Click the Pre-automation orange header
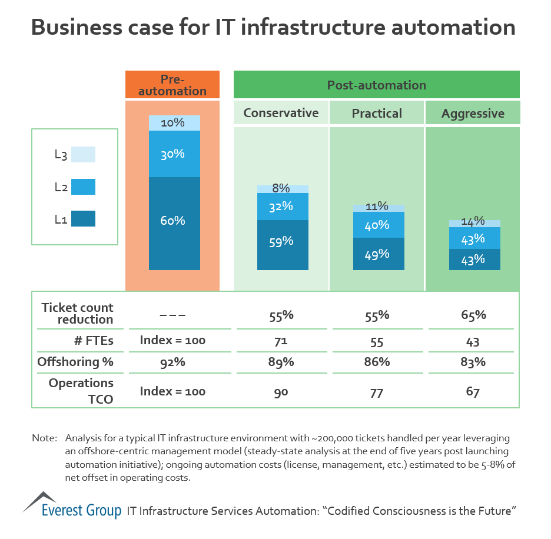[172, 85]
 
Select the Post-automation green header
[377, 85]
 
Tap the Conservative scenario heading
[281, 113]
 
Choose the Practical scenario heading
[377, 113]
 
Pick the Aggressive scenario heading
[473, 113]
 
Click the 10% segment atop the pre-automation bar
[174, 123]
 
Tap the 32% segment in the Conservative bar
[283, 207]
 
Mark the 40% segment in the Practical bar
[379, 225]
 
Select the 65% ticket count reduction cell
[473, 315]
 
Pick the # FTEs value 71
[281, 342]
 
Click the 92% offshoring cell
[172, 362]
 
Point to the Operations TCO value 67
[473, 392]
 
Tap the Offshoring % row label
[75, 362]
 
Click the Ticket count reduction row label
[77, 314]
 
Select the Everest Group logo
[72, 505]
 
